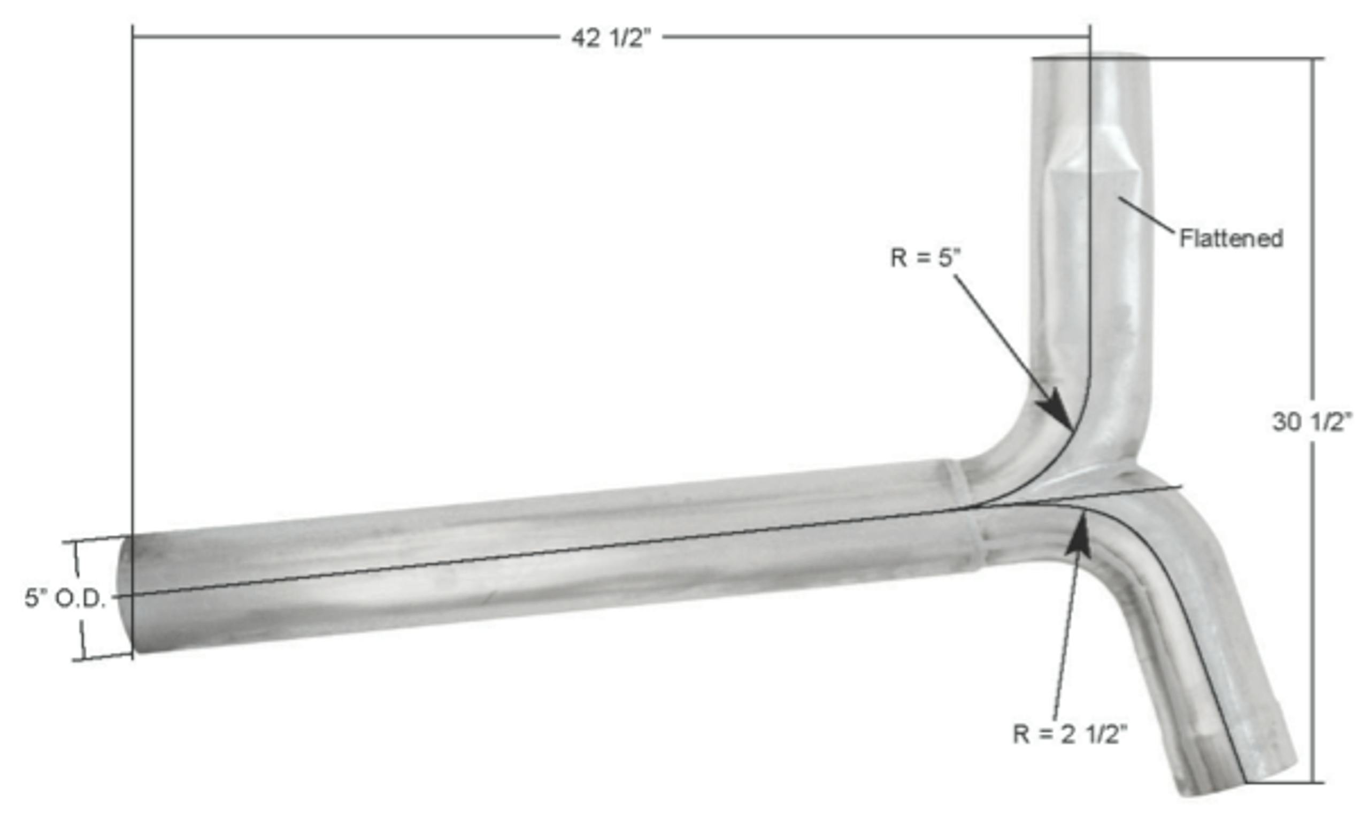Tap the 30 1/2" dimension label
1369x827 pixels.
click(1312, 423)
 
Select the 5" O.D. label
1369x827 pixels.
click(65, 599)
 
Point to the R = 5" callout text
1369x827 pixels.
click(926, 258)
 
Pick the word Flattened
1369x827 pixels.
click(1231, 239)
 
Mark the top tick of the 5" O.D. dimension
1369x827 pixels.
click(75, 540)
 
